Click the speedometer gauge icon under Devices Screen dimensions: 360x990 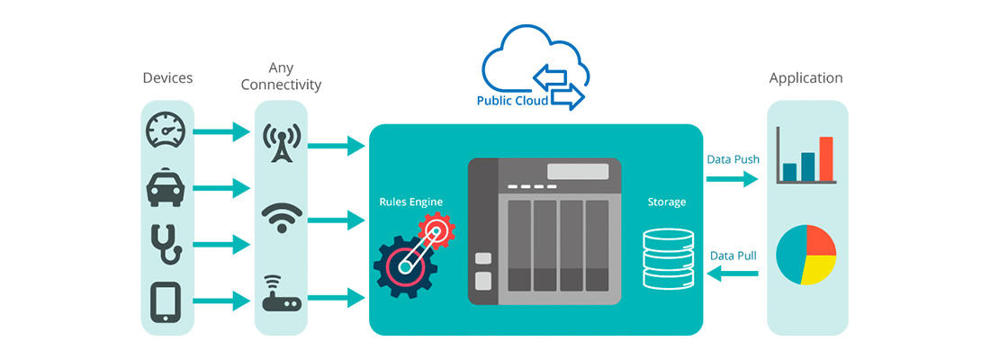166,132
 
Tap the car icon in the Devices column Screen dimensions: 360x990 166,189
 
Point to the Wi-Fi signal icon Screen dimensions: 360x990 282,218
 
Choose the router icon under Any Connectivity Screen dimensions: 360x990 282,293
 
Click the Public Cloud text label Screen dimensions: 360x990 512,101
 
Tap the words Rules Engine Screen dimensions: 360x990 410,202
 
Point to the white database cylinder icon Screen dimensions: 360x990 667,258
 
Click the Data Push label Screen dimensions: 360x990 733,159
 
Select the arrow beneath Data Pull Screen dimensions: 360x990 733,274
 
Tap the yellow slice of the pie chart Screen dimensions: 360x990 820,269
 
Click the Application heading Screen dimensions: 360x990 805,78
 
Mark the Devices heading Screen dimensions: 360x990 167,78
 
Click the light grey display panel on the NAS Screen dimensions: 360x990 577,172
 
